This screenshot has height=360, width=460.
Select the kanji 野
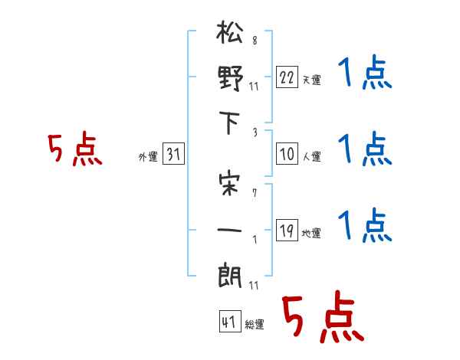click(231, 80)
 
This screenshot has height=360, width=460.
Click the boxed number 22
click(287, 77)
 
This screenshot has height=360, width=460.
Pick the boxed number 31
click(173, 155)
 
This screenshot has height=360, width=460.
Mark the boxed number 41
click(228, 322)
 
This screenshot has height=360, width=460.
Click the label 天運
click(312, 80)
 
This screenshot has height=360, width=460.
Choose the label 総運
click(255, 325)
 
